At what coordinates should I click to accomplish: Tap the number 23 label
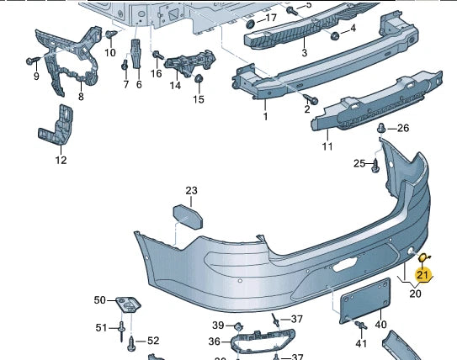click(x=191, y=191)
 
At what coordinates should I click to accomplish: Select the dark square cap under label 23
click(x=189, y=215)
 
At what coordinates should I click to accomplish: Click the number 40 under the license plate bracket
click(x=380, y=325)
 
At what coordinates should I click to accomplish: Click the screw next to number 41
click(x=360, y=327)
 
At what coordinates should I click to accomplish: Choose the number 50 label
click(x=100, y=300)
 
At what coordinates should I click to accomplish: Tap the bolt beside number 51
click(x=121, y=327)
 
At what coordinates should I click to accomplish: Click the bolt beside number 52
click(x=131, y=341)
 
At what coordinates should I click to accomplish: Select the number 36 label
click(x=214, y=341)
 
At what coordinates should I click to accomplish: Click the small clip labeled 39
click(x=238, y=326)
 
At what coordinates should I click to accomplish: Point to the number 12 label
click(x=61, y=160)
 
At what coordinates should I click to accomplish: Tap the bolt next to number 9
click(x=32, y=61)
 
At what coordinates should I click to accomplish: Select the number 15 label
click(x=198, y=99)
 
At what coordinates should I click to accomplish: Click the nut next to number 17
click(x=248, y=19)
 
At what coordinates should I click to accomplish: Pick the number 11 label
click(x=327, y=146)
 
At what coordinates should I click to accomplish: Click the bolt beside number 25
click(x=375, y=164)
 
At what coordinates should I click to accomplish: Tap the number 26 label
click(x=402, y=129)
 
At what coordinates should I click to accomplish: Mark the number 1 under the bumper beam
click(x=264, y=117)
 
